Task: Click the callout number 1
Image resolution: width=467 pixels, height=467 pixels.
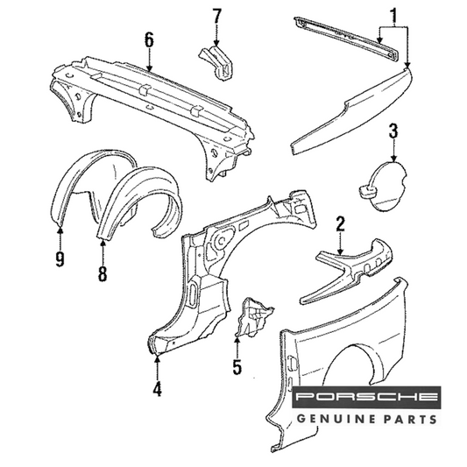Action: tap(393, 17)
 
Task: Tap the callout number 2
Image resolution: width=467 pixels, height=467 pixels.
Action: tap(340, 224)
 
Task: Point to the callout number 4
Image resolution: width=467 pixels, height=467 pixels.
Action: tap(157, 388)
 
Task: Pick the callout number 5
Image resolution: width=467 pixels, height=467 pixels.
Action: tap(237, 366)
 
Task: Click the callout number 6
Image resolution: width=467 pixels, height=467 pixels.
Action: tap(149, 40)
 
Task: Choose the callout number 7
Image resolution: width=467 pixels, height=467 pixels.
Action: tap(216, 17)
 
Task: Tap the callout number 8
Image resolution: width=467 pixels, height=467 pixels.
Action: tap(103, 273)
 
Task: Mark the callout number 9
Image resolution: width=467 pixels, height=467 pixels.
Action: tap(60, 258)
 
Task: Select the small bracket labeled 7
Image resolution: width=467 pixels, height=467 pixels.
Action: tap(216, 61)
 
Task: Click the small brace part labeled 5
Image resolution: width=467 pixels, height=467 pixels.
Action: tap(253, 318)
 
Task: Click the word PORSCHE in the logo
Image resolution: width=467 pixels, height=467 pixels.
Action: tap(366, 397)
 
